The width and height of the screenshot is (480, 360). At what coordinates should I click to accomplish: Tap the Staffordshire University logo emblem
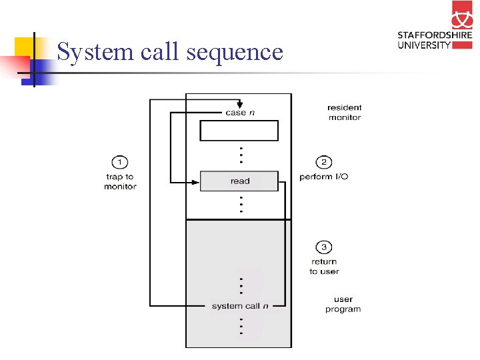click(x=461, y=17)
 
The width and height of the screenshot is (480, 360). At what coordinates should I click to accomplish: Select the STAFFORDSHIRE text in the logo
click(x=435, y=36)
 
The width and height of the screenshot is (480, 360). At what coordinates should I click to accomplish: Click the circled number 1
click(x=119, y=162)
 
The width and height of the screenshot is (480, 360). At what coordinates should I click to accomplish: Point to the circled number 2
click(x=324, y=162)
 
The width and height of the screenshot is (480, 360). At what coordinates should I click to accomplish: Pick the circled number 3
click(x=324, y=248)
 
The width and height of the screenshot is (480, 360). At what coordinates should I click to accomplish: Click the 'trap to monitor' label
click(x=120, y=181)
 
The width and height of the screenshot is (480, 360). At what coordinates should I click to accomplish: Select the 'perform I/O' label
click(x=324, y=177)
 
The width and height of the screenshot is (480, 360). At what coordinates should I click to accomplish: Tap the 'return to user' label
click(x=324, y=267)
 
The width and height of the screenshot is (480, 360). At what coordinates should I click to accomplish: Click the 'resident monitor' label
click(x=344, y=112)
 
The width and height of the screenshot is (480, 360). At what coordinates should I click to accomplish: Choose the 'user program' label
click(x=343, y=304)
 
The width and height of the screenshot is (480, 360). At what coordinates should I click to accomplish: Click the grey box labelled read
click(x=239, y=181)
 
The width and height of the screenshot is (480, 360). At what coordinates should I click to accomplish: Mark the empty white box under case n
click(x=239, y=131)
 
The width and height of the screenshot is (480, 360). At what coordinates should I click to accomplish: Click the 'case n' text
click(x=240, y=113)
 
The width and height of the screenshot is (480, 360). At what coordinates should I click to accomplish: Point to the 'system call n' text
click(x=240, y=306)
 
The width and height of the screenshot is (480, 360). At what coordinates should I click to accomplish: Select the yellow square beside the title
click(x=25, y=47)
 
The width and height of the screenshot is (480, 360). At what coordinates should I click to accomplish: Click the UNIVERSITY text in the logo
click(x=425, y=45)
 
